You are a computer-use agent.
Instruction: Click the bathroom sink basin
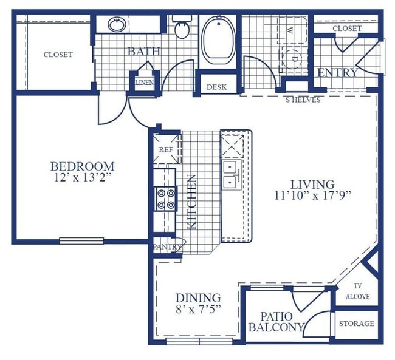(117, 24)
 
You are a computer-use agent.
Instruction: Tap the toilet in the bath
(182, 27)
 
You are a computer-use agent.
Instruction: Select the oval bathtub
(219, 40)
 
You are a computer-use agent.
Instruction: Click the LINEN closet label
(145, 82)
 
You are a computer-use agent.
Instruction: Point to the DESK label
(217, 87)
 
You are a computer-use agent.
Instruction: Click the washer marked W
(292, 30)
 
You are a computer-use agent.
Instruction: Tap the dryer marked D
(294, 59)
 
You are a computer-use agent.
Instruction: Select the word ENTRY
(337, 73)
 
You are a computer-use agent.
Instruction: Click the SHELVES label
(303, 100)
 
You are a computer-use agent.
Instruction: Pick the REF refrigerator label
(166, 149)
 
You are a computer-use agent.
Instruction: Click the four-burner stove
(166, 199)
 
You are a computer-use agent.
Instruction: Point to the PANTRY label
(168, 247)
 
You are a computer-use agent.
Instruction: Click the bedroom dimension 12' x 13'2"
(83, 178)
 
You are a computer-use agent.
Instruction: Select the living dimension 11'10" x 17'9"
(312, 195)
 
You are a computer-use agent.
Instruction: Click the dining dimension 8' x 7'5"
(198, 309)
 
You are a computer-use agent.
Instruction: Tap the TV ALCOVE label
(357, 291)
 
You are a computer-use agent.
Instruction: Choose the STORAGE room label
(357, 324)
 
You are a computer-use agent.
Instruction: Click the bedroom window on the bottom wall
(81, 241)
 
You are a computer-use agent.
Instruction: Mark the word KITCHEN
(192, 202)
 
